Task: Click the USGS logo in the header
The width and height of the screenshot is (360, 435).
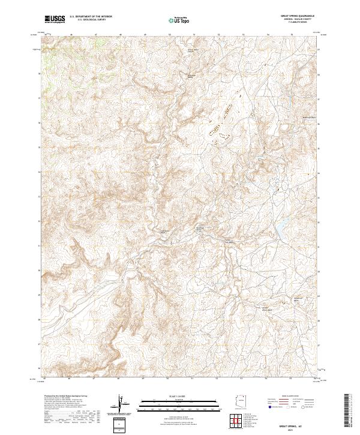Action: [x=55, y=19]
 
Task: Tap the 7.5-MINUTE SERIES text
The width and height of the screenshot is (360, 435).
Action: [x=306, y=22]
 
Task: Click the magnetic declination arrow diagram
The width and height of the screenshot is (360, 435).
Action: [x=123, y=406]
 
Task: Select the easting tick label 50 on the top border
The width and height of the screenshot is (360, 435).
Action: [x=170, y=35]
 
